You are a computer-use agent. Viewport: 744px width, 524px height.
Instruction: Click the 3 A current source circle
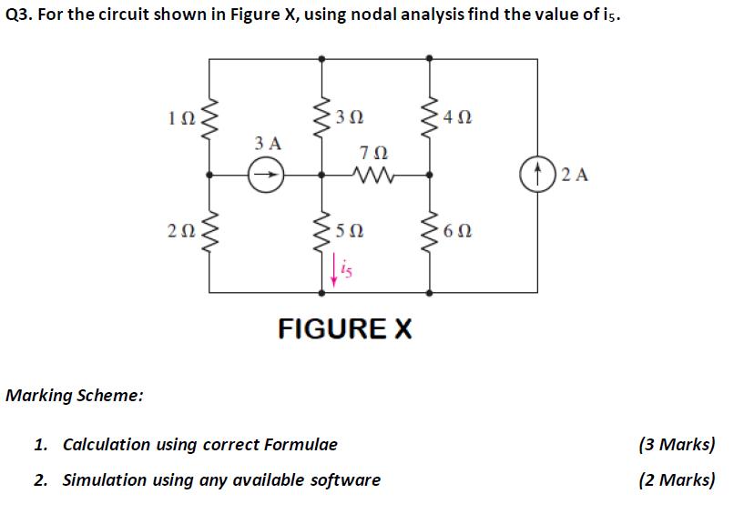pos(266,175)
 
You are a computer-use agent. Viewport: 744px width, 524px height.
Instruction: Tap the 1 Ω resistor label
pos(181,117)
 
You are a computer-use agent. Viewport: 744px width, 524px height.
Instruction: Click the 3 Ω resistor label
pos(350,117)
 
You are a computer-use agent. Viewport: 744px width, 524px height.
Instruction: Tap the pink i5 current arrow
pos(334,270)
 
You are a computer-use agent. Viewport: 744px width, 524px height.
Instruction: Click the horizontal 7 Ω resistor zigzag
pos(376,174)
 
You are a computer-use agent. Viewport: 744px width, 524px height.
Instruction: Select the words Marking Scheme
pos(74,396)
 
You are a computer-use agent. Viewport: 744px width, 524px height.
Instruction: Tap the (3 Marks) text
pos(677,445)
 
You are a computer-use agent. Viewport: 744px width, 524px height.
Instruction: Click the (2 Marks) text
pos(677,479)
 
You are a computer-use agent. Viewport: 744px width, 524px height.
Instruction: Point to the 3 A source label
pos(268,143)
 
